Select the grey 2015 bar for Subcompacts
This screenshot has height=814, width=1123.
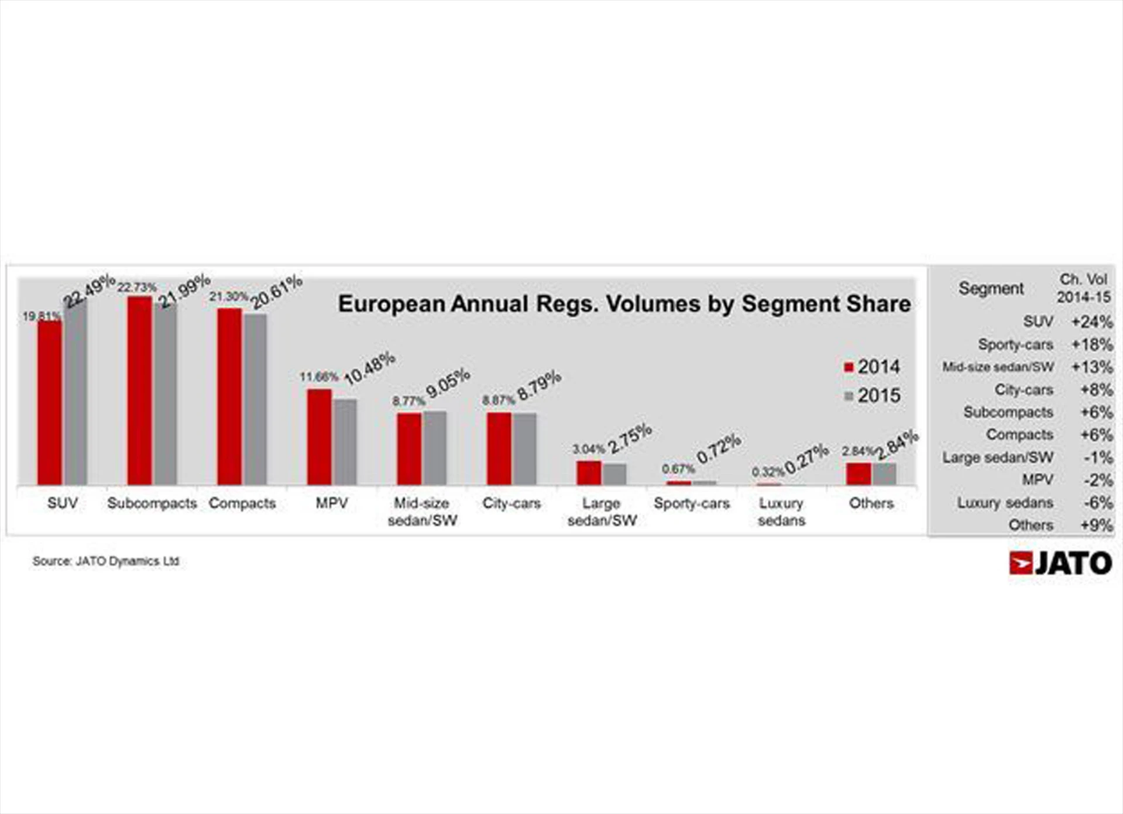[x=166, y=394]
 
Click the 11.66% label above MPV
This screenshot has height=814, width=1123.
[x=319, y=377]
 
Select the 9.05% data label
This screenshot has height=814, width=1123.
[x=448, y=383]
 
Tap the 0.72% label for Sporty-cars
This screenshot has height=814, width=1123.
[x=719, y=448]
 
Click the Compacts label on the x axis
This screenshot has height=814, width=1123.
[x=242, y=503]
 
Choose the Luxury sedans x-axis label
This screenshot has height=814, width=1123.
[x=781, y=511]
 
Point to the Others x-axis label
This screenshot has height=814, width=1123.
[x=871, y=503]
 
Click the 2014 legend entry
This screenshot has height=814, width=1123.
[x=872, y=367]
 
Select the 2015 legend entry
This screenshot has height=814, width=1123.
[x=872, y=396]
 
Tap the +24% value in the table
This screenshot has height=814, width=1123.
[x=1091, y=322]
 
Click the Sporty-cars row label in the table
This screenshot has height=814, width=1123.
[x=1015, y=345]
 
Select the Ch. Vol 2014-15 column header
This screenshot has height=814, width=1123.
[x=1083, y=288]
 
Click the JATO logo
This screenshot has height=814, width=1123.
[x=1060, y=563]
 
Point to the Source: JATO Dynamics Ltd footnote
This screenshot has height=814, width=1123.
[x=106, y=561]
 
